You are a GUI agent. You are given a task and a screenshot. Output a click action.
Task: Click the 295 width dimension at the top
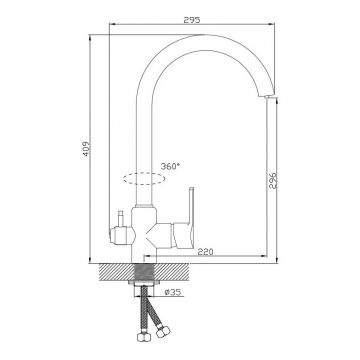click(x=192, y=20)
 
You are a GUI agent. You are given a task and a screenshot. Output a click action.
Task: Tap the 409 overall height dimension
click(x=86, y=149)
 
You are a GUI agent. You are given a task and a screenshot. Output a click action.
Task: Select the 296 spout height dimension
click(x=273, y=180)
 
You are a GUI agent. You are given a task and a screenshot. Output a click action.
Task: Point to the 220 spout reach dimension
click(x=205, y=252)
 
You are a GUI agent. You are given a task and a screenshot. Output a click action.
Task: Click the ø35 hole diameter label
click(x=173, y=292)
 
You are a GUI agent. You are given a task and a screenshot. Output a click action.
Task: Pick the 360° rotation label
click(x=170, y=166)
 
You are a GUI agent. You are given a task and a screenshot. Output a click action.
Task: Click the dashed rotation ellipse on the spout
click(x=144, y=179)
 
